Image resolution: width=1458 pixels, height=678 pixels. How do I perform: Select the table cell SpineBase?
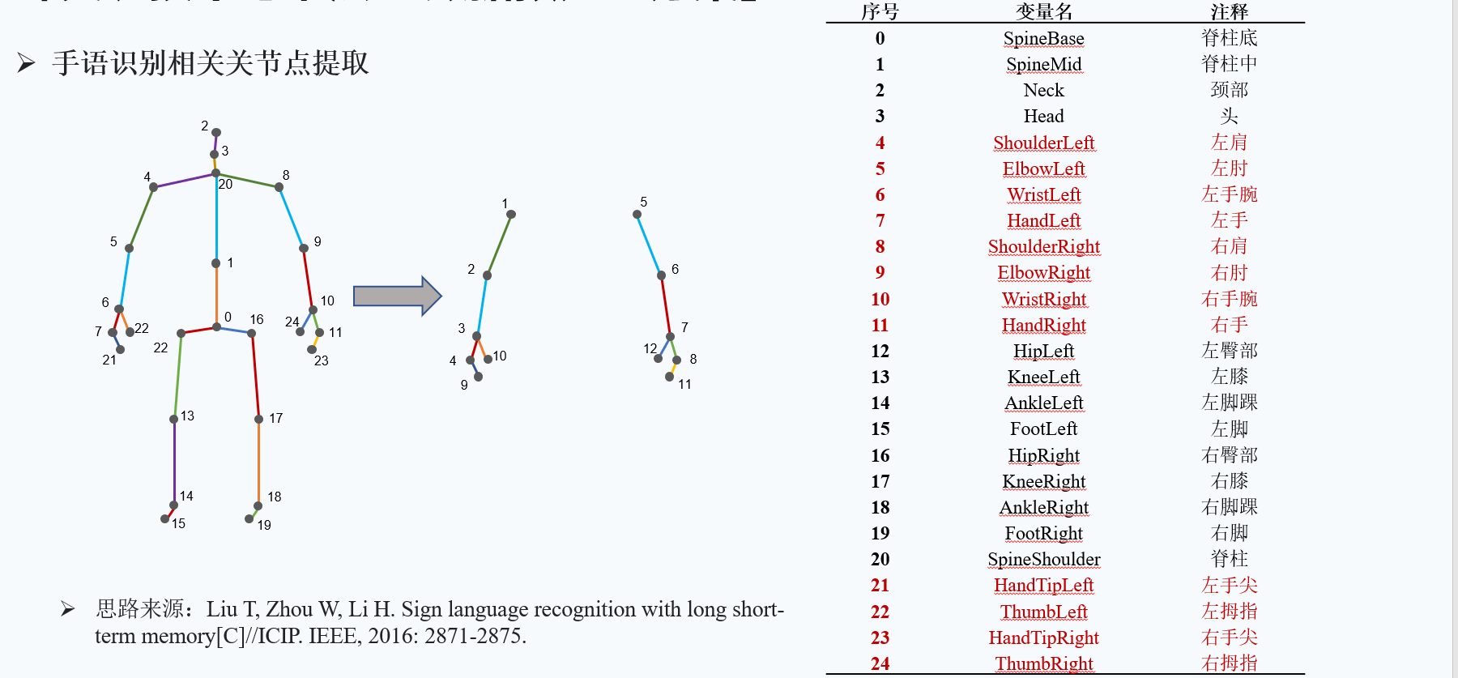[1043, 38]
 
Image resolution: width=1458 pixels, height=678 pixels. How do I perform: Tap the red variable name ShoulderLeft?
[1043, 143]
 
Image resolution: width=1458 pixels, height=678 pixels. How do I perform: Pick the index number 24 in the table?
[880, 663]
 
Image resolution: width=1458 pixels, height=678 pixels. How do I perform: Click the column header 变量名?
[1043, 11]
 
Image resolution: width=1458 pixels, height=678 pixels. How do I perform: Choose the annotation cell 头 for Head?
[1229, 116]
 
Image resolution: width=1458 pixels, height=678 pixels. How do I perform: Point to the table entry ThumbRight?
[1043, 663]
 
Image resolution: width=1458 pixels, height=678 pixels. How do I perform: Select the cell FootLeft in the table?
[1043, 429]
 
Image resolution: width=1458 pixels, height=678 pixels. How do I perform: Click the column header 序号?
[880, 11]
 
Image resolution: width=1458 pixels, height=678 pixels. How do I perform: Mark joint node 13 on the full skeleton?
[174, 419]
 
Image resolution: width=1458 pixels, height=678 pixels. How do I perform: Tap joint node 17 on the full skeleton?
[258, 419]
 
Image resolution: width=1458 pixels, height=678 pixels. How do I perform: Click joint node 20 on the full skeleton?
[215, 173]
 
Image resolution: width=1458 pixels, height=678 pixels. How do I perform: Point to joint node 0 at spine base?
[216, 327]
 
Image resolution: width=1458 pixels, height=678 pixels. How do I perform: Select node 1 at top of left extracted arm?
[511, 214]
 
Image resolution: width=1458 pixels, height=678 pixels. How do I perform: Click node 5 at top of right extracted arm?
[637, 214]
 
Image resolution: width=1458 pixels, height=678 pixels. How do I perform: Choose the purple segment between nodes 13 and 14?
[174, 462]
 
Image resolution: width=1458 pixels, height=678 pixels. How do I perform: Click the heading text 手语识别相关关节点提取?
[211, 62]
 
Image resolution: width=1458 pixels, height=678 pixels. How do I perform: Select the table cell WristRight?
[1043, 299]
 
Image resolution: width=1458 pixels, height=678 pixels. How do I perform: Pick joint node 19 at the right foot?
[249, 518]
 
